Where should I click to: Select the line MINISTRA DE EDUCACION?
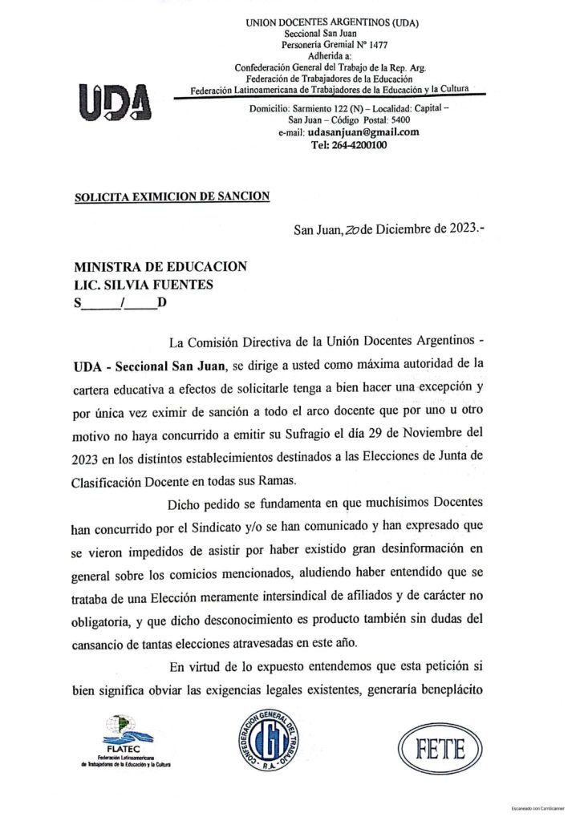click(160, 266)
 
